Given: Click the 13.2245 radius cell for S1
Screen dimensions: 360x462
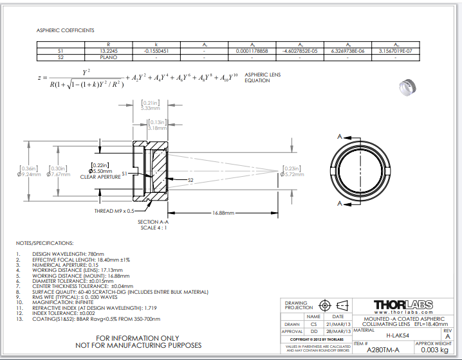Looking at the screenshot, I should pyautogui.click(x=108, y=50).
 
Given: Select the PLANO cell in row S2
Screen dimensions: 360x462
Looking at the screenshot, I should pyautogui.click(x=108, y=57).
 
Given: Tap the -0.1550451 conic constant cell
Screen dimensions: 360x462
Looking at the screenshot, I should pyautogui.click(x=155, y=50).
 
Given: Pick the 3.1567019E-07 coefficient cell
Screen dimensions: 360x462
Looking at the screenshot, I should pyautogui.click(x=396, y=50).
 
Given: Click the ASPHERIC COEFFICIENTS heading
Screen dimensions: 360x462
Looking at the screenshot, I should pyautogui.click(x=65, y=30).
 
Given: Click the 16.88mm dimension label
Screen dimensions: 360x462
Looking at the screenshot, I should pyautogui.click(x=223, y=213).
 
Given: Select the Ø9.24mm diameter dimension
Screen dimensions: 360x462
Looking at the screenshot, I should pyautogui.click(x=30, y=174).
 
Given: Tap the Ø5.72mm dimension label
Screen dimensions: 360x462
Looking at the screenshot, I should pyautogui.click(x=293, y=174).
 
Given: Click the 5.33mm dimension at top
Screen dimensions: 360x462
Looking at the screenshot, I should pyautogui.click(x=150, y=108).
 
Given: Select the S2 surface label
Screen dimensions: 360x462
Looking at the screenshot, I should pyautogui.click(x=190, y=181).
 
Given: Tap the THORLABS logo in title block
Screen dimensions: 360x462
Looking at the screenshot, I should pyautogui.click(x=403, y=304).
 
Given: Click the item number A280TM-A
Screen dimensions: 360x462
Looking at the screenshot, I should pyautogui.click(x=382, y=350).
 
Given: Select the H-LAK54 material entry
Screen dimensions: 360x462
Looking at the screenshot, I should pyautogui.click(x=398, y=335).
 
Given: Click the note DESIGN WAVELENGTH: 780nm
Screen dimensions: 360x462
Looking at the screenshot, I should pyautogui.click(x=65, y=254).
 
